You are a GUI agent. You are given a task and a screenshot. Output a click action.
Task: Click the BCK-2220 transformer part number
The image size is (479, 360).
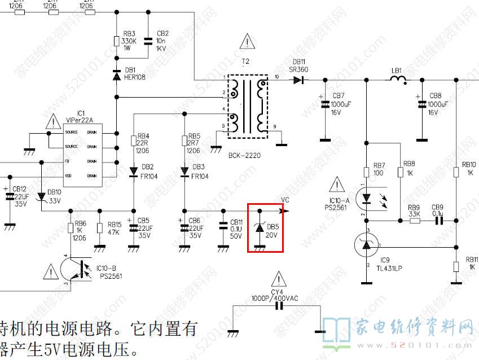coord(244,154)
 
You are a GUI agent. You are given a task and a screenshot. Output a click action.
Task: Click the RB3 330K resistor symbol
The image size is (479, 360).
coord(116,42)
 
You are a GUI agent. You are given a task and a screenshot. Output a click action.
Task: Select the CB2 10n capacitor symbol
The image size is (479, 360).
coord(147,41)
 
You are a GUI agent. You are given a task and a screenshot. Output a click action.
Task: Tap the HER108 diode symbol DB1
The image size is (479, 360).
coord(116,74)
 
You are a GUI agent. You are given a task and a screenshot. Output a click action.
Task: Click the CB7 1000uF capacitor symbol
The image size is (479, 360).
coord(325,104)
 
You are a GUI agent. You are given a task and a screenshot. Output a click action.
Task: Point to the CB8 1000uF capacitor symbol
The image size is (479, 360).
coord(421,104)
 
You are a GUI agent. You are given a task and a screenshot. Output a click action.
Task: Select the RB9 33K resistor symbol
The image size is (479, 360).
coord(415,221)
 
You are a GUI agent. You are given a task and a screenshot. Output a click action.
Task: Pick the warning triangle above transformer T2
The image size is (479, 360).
coord(247,41)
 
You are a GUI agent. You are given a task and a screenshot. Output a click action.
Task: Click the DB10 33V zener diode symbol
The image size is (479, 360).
coord(42,197)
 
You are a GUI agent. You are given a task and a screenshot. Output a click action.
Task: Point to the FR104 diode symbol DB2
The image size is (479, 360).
coord(134,171)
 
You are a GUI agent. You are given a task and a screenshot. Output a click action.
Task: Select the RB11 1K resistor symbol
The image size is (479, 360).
coord(456,266)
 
